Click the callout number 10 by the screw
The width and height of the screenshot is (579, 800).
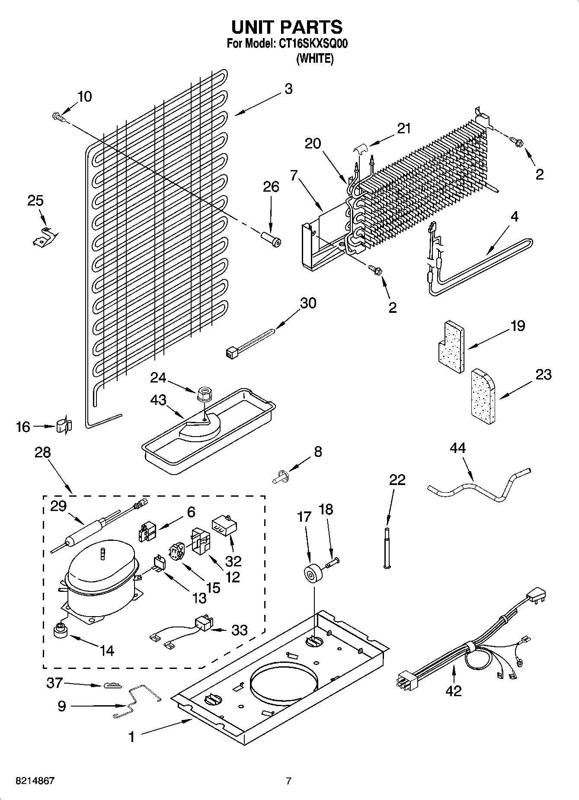coord(85,96)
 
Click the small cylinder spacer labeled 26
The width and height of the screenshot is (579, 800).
coord(271,239)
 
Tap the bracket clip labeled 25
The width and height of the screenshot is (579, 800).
coord(45,237)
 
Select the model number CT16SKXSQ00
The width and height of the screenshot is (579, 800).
coord(311,44)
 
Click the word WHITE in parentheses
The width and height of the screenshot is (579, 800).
coord(315,58)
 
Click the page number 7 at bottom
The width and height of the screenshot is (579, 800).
coord(289,781)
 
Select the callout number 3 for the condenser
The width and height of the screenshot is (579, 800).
coord(288,89)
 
